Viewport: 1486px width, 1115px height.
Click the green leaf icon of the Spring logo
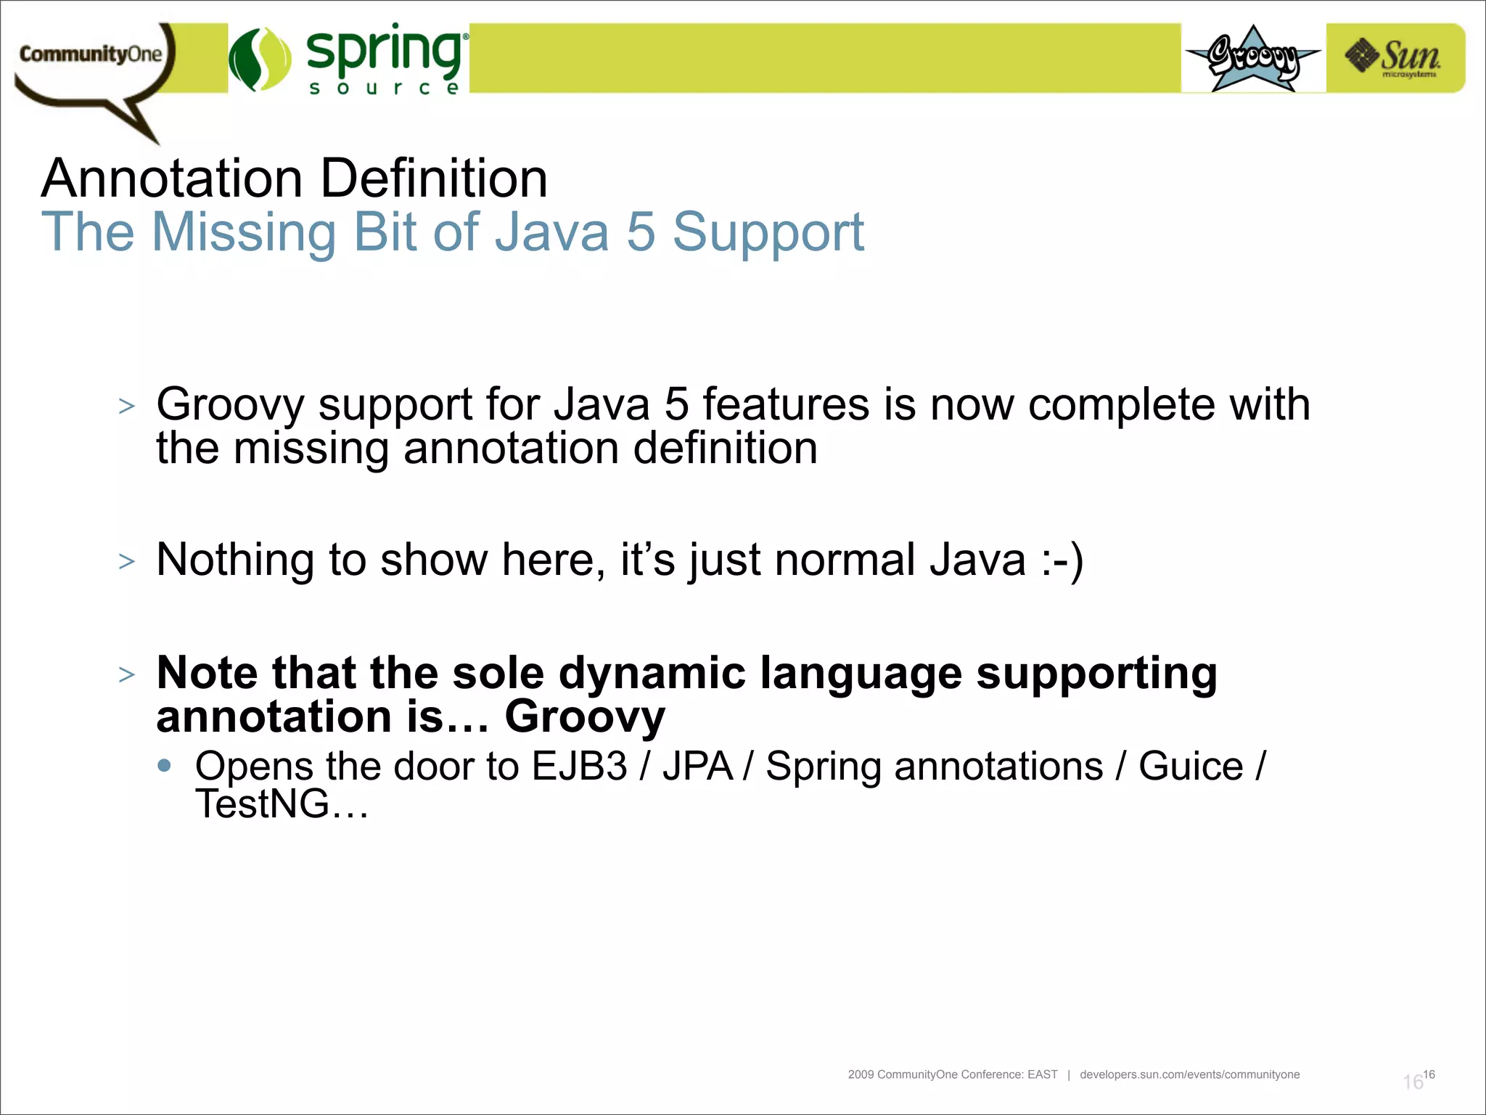click(x=260, y=60)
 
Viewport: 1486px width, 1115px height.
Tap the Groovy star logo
click(x=1253, y=58)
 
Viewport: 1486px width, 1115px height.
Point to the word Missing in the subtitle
click(x=244, y=232)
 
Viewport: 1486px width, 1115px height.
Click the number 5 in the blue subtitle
click(x=640, y=232)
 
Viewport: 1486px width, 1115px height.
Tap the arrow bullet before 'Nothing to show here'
click(x=127, y=562)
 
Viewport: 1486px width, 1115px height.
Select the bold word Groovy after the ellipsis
click(x=585, y=717)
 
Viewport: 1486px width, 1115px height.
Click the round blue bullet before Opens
click(x=165, y=765)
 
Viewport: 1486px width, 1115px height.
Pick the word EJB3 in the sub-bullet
click(x=579, y=767)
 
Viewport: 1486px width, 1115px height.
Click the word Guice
click(x=1191, y=767)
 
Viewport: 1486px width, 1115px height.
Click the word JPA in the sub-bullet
click(x=697, y=767)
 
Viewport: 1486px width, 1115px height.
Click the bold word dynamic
click(x=652, y=673)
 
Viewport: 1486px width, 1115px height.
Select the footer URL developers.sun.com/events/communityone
click(x=1189, y=1074)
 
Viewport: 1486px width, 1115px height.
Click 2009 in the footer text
click(x=861, y=1074)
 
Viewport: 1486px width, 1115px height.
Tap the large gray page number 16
click(x=1412, y=1082)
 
